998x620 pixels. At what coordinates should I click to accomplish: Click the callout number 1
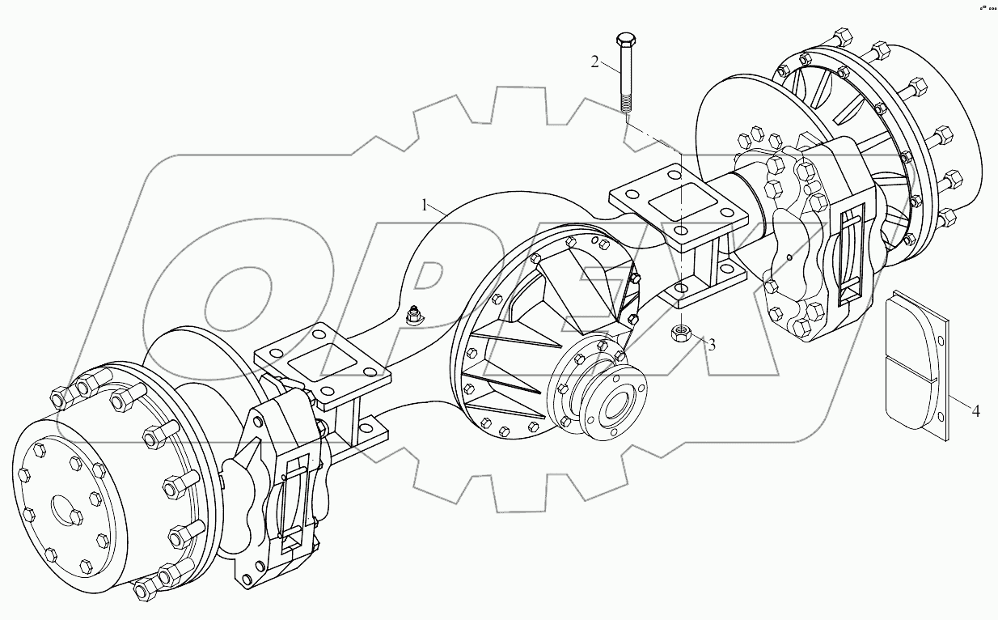(x=425, y=205)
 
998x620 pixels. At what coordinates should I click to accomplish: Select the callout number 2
(x=595, y=62)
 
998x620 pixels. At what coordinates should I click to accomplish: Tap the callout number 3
(x=712, y=344)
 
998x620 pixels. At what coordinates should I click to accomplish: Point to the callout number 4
(x=975, y=412)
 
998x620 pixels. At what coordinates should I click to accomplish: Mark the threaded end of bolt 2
(x=625, y=104)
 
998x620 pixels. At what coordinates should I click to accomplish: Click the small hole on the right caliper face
(x=789, y=258)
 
